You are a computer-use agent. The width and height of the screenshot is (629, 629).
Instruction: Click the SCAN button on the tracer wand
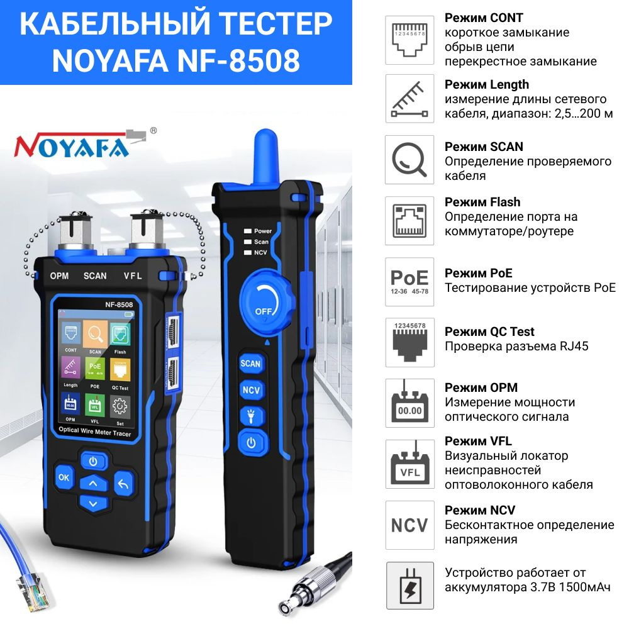pos(250,364)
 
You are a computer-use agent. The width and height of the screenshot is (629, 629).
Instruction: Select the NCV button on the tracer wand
pos(250,389)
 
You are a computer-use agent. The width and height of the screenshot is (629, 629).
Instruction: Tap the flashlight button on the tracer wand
pos(250,415)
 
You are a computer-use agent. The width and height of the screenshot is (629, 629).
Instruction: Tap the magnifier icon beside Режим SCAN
pos(409,160)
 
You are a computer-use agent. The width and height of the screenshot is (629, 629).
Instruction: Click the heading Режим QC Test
pos(489,331)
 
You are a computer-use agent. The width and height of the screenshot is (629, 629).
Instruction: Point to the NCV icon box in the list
pos(409,525)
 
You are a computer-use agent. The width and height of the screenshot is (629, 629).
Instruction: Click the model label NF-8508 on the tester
pos(118,305)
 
